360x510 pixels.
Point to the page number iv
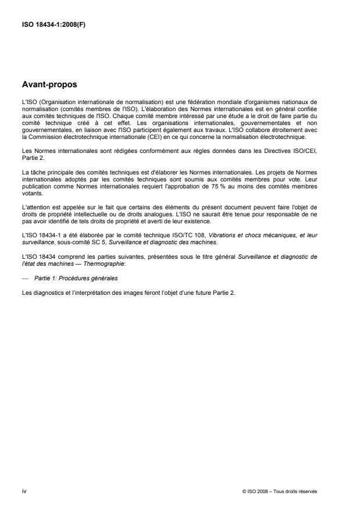coord(23,491)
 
